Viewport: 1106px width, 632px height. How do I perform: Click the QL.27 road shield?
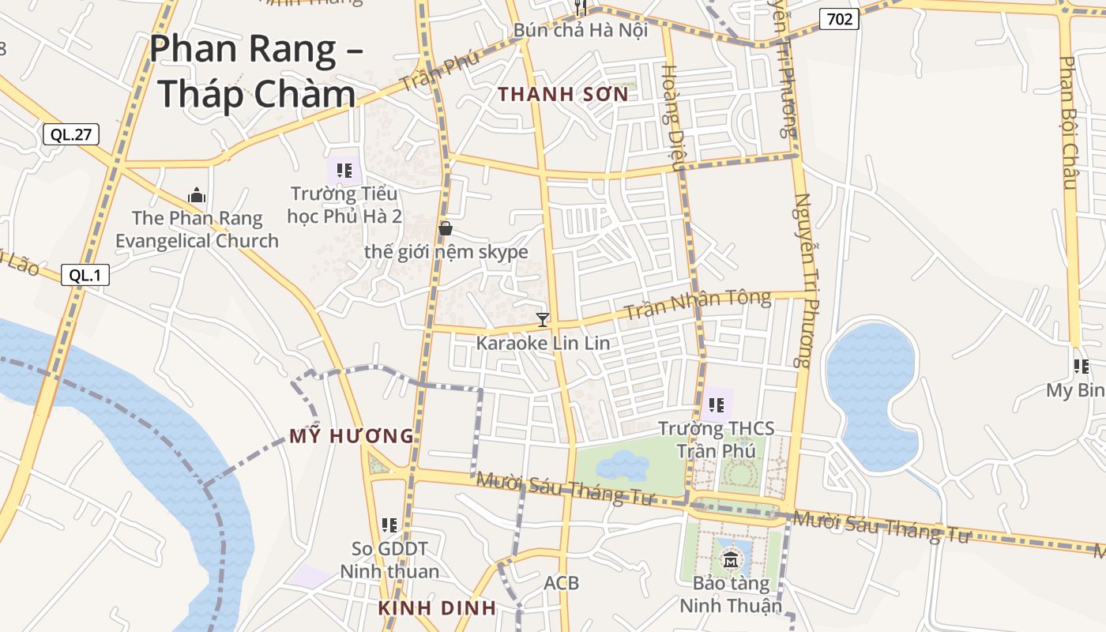point(71,134)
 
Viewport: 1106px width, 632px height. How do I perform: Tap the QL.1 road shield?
point(85,275)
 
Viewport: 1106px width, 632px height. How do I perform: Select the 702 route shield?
point(838,18)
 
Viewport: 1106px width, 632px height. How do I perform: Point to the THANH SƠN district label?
point(563,95)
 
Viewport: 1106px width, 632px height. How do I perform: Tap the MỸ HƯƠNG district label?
point(352,436)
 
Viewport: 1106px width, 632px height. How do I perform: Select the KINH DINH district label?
point(437,608)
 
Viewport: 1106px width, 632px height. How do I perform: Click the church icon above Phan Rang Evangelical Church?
point(197,195)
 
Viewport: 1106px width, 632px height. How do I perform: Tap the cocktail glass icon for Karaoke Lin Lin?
point(543,320)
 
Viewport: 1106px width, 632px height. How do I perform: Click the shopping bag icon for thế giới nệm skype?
point(446,228)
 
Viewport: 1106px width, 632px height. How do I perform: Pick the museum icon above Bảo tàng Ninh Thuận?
point(730,560)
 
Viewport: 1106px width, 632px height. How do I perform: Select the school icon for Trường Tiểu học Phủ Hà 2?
point(344,170)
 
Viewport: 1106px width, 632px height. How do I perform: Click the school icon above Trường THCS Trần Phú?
point(717,405)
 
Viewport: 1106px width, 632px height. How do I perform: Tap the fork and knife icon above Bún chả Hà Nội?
point(581,8)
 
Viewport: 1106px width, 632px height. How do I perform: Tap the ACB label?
point(561,583)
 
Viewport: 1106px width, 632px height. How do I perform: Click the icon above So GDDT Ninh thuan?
point(389,525)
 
